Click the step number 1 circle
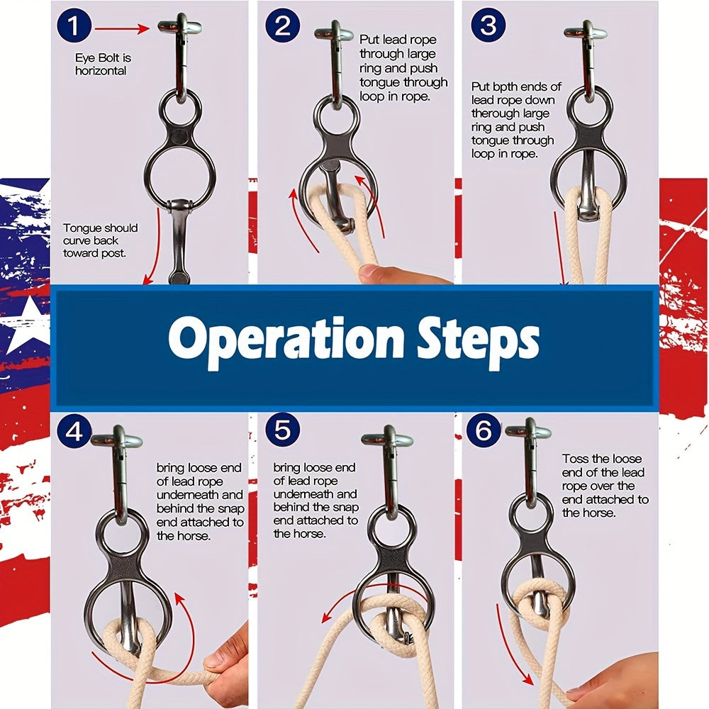tap(74, 26)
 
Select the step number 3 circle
tap(489, 26)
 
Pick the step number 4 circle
tap(74, 431)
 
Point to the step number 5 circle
tap(283, 429)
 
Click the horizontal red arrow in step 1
tap(122, 29)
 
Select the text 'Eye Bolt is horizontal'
tap(103, 65)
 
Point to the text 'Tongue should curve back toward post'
tap(101, 240)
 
